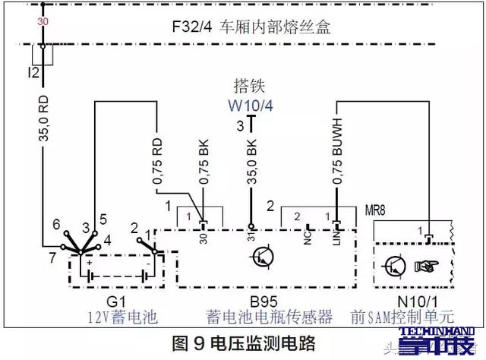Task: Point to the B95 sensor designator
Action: (258, 298)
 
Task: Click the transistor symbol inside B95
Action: (262, 258)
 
